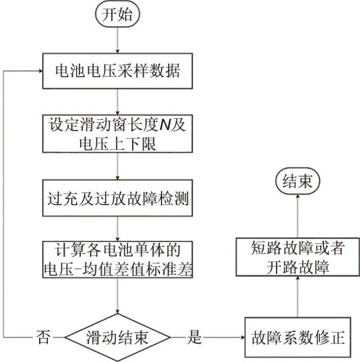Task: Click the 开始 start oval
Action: pos(119,14)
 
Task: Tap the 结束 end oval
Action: pos(297,182)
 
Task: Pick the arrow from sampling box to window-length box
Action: pos(119,102)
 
